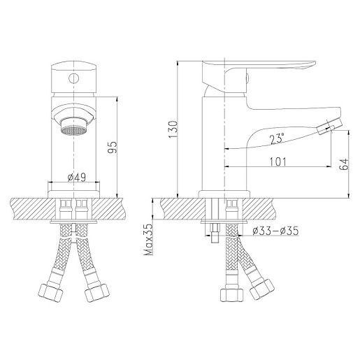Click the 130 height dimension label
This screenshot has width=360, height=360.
click(x=173, y=129)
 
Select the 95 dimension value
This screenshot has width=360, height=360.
click(x=113, y=147)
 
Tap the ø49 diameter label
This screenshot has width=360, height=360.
click(x=77, y=178)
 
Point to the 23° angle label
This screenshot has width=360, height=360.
click(x=277, y=138)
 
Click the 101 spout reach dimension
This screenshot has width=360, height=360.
click(x=278, y=161)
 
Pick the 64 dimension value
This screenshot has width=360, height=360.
click(x=344, y=164)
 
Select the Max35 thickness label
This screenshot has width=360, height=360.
click(x=148, y=240)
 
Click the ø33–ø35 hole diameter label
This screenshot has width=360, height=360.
click(x=275, y=231)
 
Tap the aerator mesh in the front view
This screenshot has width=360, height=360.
click(x=73, y=131)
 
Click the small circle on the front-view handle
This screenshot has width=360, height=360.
click(x=73, y=78)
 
